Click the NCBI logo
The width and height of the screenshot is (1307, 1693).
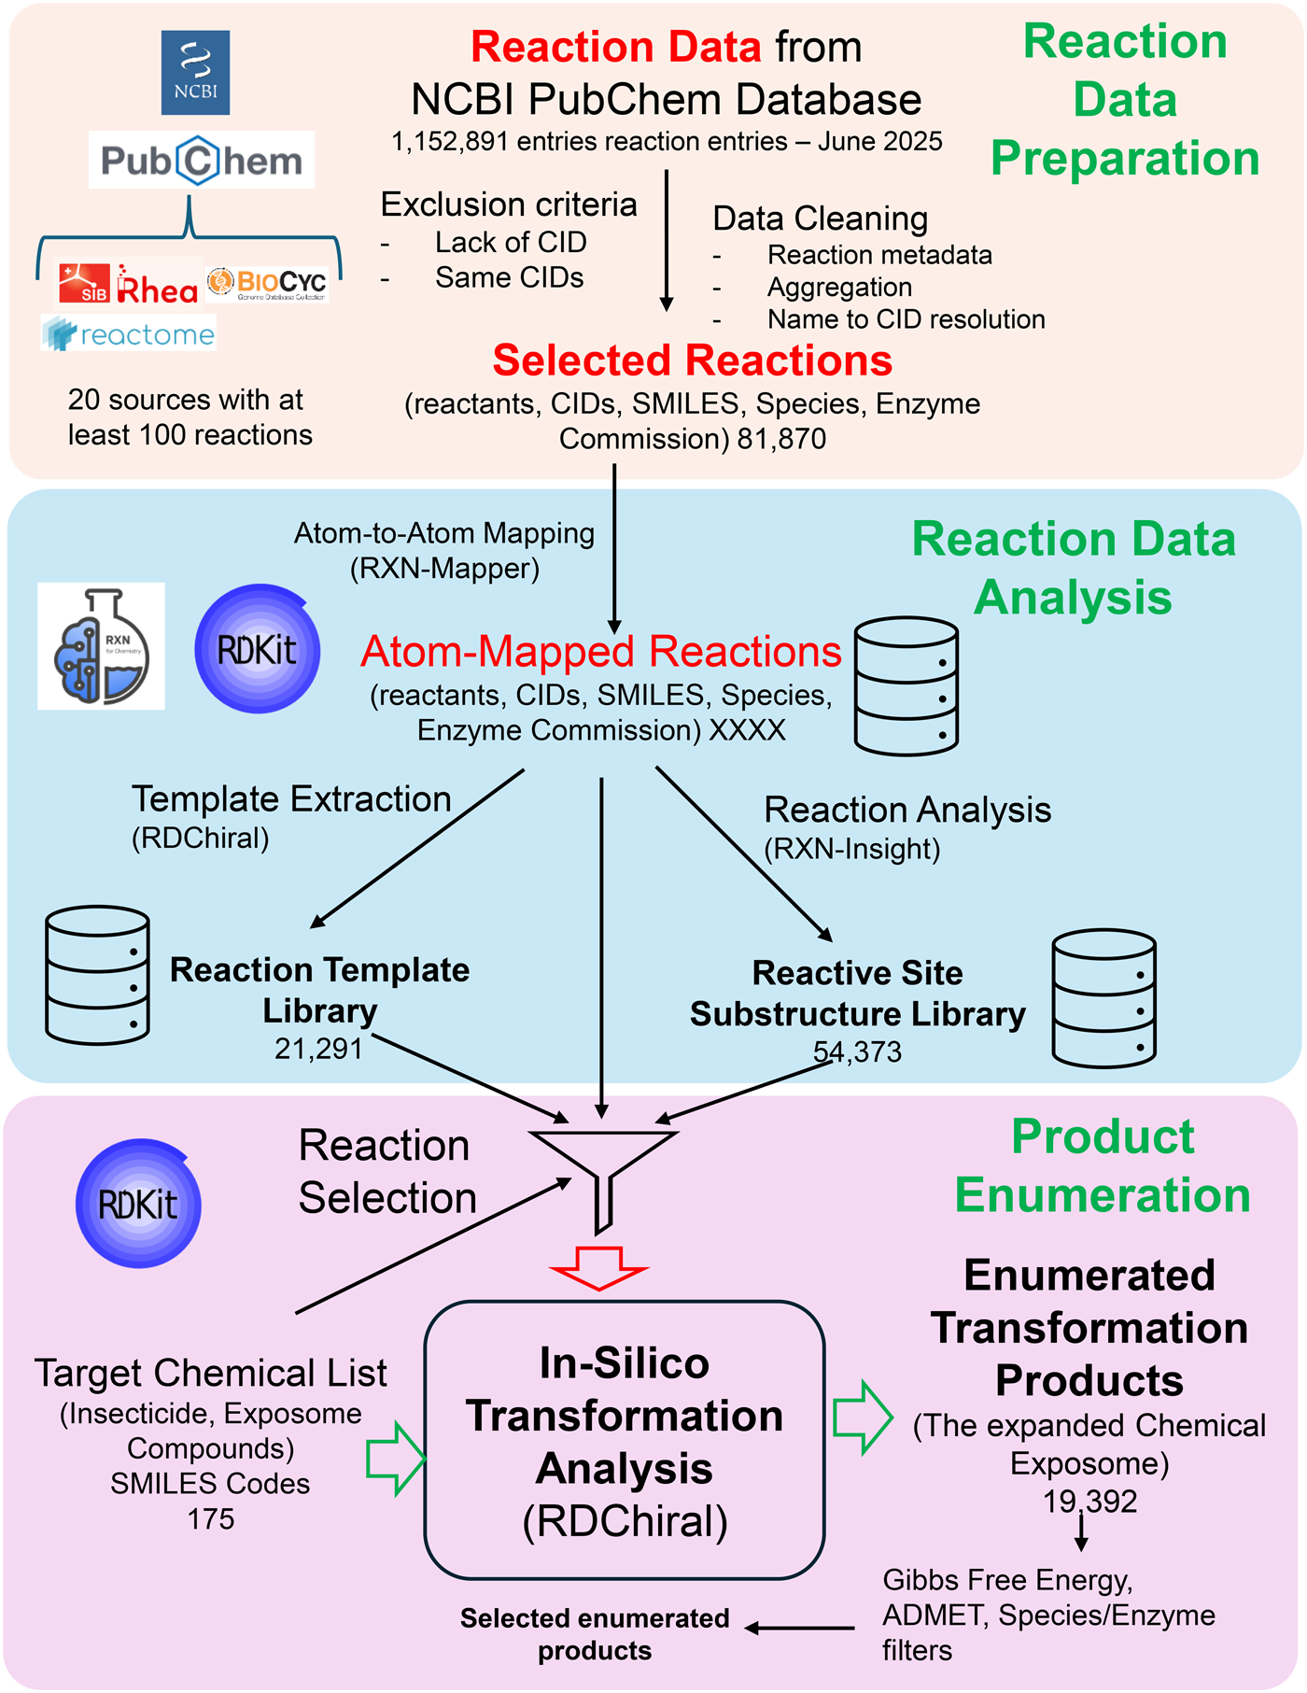click(x=195, y=72)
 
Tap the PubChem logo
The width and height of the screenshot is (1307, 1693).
click(x=202, y=161)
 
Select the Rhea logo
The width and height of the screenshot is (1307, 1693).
click(x=130, y=284)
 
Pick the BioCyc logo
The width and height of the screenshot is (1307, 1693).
click(x=268, y=283)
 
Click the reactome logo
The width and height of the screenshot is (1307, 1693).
click(x=129, y=334)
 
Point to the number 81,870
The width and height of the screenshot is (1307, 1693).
click(x=781, y=439)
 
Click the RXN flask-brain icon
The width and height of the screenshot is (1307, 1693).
click(x=101, y=646)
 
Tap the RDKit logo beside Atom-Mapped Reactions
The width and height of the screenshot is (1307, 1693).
click(x=258, y=649)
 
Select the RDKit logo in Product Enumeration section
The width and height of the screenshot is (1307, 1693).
click(x=138, y=1204)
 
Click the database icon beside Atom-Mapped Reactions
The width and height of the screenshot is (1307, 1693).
click(x=906, y=685)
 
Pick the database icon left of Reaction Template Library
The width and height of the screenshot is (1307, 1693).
click(x=97, y=974)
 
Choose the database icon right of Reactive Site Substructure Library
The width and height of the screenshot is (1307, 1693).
click(x=1103, y=997)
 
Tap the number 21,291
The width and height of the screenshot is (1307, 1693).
click(x=318, y=1050)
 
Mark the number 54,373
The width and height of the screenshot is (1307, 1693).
click(x=857, y=1052)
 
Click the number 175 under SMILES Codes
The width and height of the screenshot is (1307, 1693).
click(x=211, y=1519)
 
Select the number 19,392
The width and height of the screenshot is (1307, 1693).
click(x=1089, y=1502)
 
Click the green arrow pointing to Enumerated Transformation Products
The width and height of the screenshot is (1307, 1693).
click(x=863, y=1418)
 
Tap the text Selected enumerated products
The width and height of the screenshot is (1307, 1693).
click(x=595, y=1634)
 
